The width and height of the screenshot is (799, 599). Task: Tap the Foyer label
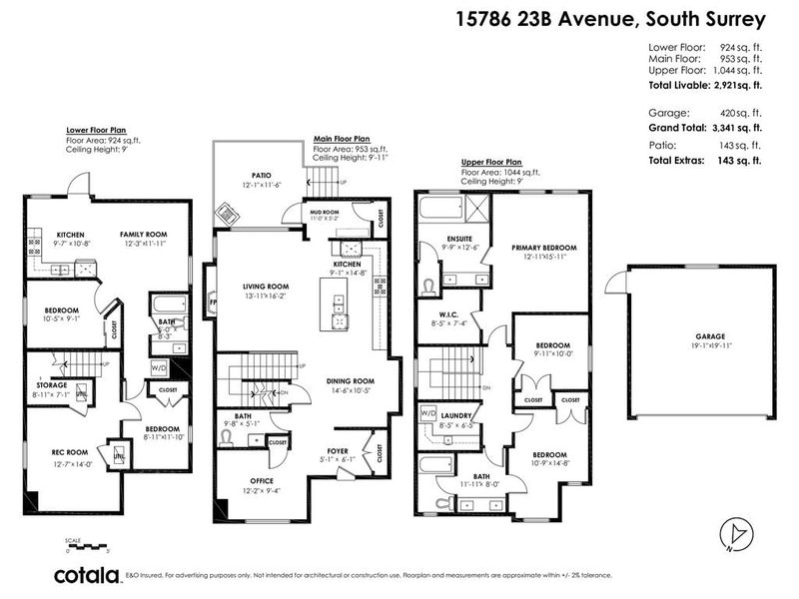tap(339, 451)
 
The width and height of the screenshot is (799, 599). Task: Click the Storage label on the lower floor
tap(53, 384)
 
